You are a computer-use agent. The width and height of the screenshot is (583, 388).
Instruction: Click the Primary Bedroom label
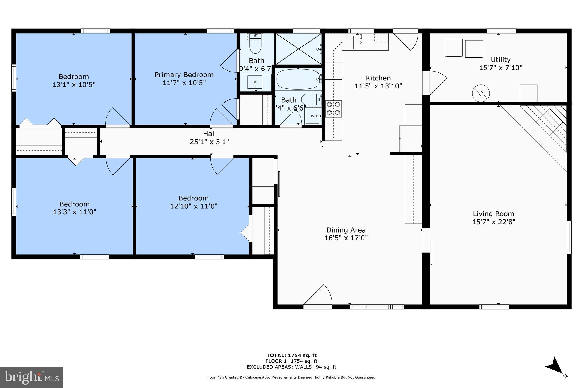click(184, 75)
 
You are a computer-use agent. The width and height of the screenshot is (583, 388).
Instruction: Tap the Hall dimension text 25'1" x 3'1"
click(209, 142)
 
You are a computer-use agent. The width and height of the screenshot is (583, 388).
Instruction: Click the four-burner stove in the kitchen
click(334, 109)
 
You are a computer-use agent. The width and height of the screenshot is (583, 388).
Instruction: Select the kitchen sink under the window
click(360, 42)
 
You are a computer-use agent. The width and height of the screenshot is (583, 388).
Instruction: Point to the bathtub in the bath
click(298, 79)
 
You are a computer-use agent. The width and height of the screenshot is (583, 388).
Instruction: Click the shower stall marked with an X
click(298, 49)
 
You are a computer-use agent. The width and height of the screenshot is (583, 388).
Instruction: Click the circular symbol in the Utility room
click(481, 94)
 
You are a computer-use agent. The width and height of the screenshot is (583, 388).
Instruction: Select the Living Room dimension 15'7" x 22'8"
click(493, 222)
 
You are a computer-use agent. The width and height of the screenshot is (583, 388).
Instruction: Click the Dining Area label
click(346, 230)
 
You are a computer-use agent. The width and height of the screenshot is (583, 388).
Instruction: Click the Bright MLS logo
click(31, 377)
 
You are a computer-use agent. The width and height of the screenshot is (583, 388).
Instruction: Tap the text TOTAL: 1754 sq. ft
click(291, 355)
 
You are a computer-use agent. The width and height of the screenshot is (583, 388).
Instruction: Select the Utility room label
click(500, 60)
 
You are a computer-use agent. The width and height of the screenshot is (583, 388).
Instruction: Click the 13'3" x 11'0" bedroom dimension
click(74, 212)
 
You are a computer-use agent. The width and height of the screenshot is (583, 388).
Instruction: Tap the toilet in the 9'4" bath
click(255, 47)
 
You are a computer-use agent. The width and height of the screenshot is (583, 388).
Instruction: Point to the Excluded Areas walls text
click(291, 367)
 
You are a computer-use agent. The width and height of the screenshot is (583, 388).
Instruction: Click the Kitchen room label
click(378, 78)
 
